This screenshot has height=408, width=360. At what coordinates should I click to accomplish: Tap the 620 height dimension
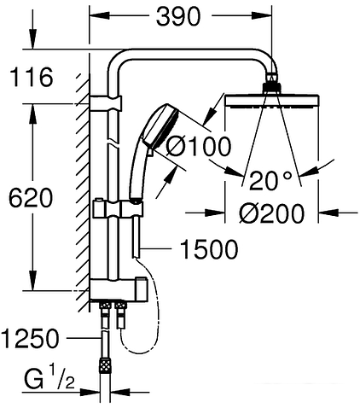click(x=31, y=198)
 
